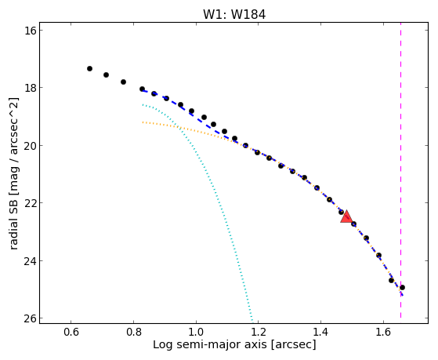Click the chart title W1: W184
tap(234, 14)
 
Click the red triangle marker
tap(346, 216)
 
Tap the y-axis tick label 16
tap(31, 31)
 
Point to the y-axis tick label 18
tap(31, 88)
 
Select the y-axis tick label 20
tap(31, 145)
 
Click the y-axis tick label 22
tap(31, 203)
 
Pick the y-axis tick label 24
tap(31, 260)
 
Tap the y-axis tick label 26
tap(31, 318)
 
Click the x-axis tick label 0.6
tap(71, 332)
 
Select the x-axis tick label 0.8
tap(133, 332)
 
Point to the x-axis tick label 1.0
tap(196, 332)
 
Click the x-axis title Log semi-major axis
tap(210, 344)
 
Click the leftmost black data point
tap(89, 68)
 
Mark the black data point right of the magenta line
tap(402, 287)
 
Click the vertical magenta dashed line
tap(401, 170)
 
